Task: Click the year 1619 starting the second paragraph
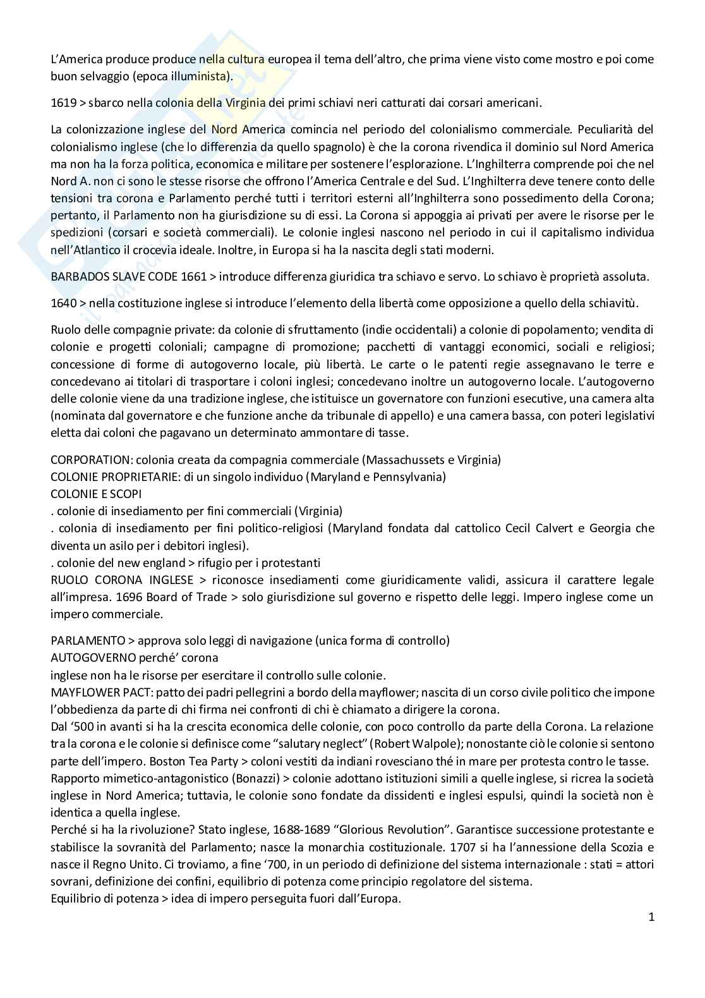(x=62, y=102)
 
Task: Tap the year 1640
(x=63, y=303)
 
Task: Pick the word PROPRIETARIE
(x=133, y=477)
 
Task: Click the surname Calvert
(x=553, y=528)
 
